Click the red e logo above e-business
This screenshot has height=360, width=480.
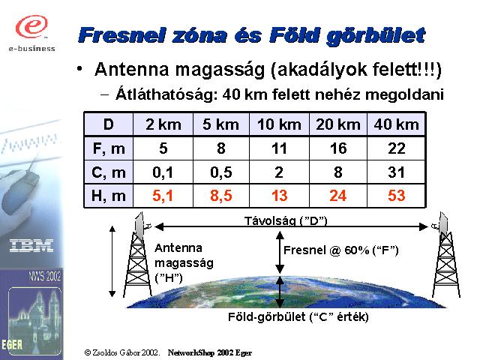click(31, 26)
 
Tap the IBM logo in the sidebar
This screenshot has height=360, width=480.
click(31, 245)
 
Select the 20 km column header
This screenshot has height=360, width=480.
click(338, 124)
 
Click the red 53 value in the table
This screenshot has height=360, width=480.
click(396, 195)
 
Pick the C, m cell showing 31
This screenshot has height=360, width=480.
click(396, 172)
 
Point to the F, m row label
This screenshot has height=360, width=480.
click(109, 148)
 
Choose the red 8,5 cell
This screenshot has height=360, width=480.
click(221, 196)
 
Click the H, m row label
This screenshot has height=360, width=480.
click(109, 196)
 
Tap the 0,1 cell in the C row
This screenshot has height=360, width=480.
click(163, 172)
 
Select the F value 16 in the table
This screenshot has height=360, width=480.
click(338, 148)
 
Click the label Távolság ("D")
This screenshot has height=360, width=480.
click(286, 220)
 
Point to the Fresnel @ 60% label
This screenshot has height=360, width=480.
click(341, 250)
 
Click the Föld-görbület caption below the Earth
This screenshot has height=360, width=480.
click(298, 316)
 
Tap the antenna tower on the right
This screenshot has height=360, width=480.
click(445, 255)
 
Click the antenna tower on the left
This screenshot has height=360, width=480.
click(138, 255)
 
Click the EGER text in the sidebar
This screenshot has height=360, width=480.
click(12, 345)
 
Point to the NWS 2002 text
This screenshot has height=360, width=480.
click(45, 276)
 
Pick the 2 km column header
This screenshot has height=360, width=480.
click(163, 124)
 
